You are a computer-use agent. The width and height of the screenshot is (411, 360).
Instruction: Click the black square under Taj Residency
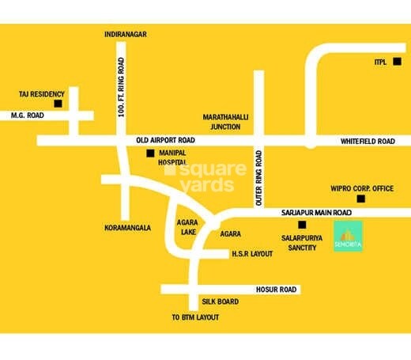(57, 104)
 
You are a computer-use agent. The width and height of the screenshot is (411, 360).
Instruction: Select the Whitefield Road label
(367, 141)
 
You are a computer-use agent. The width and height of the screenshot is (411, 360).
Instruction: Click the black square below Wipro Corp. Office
(362, 199)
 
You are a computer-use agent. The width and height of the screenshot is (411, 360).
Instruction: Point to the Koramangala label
(127, 227)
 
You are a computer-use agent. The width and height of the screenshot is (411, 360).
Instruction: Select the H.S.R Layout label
(251, 254)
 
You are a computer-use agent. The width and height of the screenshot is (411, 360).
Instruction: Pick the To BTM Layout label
(195, 317)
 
